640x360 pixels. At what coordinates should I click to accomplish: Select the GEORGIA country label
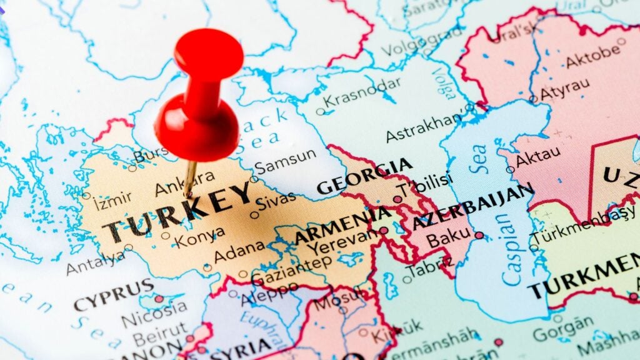364,176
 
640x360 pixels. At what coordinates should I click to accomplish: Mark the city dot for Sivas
254,214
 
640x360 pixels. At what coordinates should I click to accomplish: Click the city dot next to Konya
165,236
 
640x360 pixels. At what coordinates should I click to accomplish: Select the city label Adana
239,252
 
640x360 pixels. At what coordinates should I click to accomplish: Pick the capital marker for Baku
479,236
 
